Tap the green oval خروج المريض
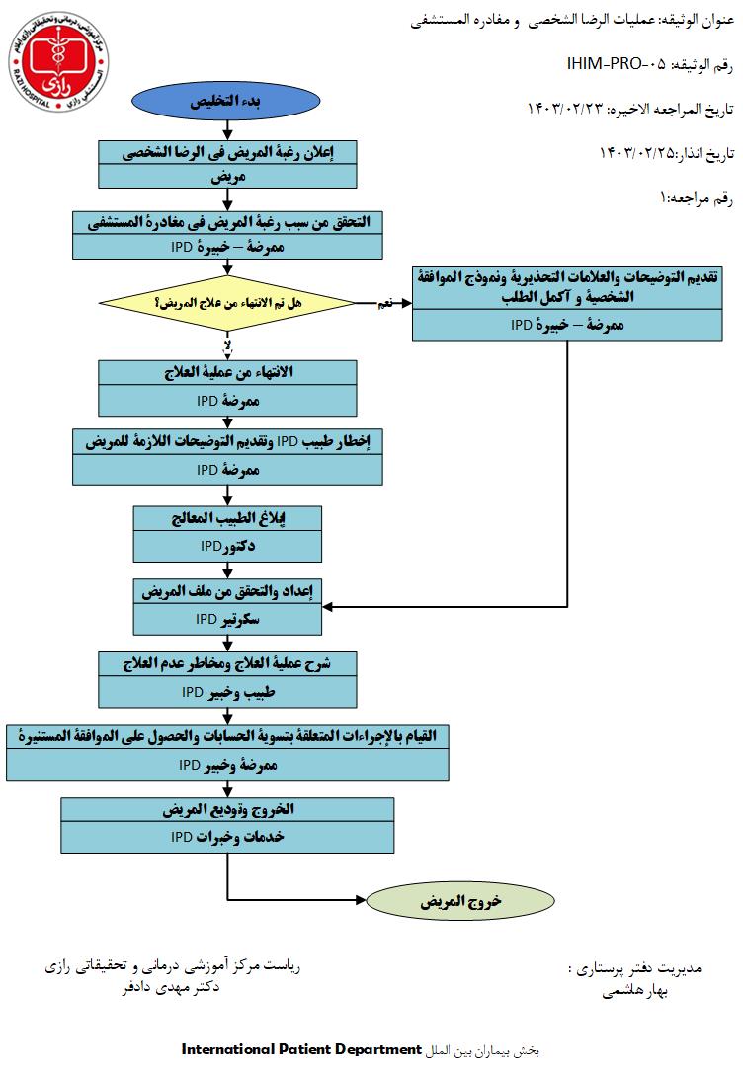(460, 901)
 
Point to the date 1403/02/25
(636, 152)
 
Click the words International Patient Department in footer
(301, 1047)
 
